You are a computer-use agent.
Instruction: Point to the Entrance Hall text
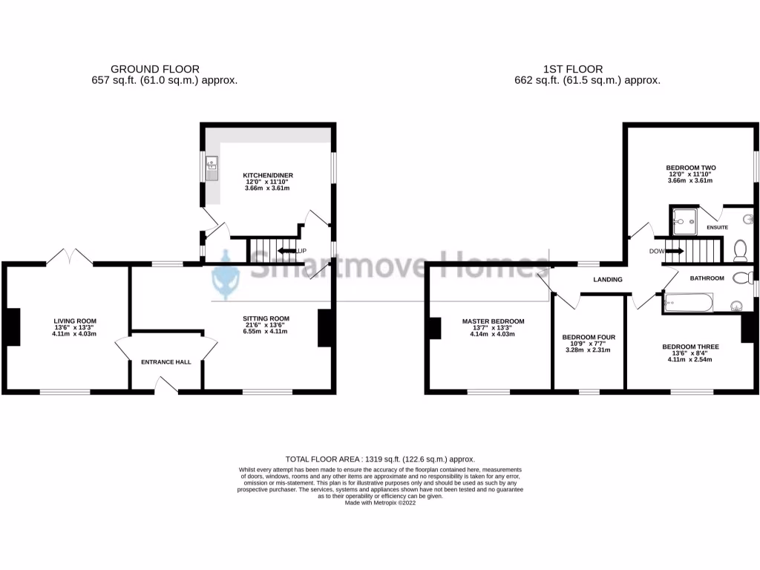166,362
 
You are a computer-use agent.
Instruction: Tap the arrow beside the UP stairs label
287,252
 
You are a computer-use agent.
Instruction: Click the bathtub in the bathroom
688,302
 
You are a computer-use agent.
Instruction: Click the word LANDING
607,280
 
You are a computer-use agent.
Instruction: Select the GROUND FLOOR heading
154,69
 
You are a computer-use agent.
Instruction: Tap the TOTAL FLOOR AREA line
380,460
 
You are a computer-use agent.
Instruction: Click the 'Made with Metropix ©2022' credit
380,503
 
